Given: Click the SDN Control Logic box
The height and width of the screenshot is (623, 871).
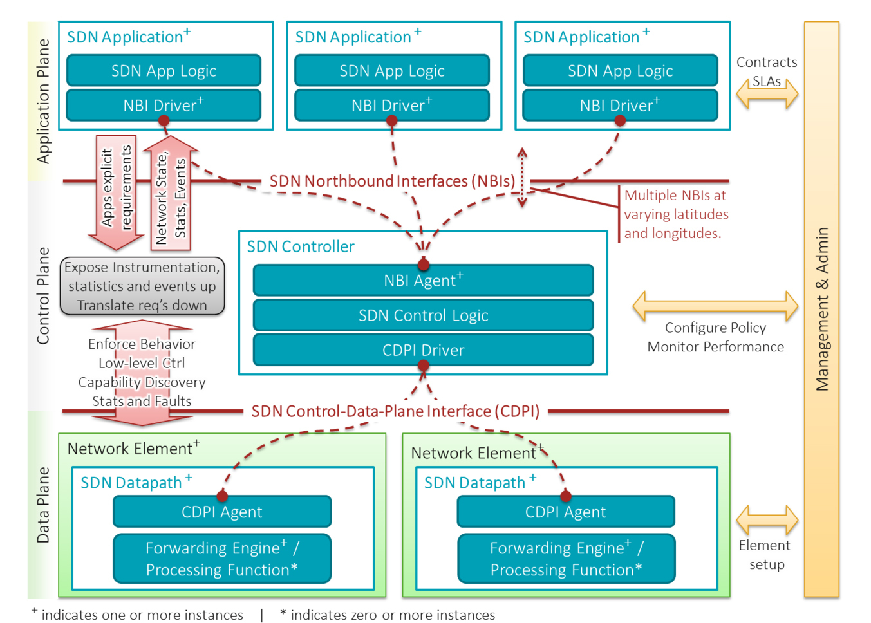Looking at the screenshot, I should [x=423, y=315].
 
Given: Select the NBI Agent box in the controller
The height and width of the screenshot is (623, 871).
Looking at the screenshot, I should [x=423, y=281].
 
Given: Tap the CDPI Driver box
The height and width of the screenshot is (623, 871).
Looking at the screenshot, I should [x=423, y=350].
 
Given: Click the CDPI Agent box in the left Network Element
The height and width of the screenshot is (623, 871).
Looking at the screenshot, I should [x=222, y=512].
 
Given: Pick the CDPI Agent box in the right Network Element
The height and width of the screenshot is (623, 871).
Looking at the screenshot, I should [x=566, y=512].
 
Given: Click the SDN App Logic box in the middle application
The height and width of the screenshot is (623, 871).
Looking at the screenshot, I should [x=392, y=71].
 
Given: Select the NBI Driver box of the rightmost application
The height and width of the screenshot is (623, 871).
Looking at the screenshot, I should [x=620, y=106].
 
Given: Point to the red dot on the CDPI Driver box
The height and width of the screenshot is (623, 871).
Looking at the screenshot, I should [x=423, y=366].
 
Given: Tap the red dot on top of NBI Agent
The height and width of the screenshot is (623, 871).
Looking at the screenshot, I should [x=423, y=265].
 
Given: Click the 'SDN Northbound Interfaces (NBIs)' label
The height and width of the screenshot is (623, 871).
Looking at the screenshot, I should [x=392, y=181].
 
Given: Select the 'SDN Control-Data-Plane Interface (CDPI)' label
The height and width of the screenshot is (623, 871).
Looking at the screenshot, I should [x=395, y=411].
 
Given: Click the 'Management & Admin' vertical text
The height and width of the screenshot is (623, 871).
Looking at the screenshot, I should [x=822, y=309].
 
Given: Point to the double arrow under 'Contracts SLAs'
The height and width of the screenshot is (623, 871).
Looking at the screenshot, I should [x=767, y=95].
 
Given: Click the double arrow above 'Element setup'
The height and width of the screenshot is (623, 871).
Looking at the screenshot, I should [x=767, y=520].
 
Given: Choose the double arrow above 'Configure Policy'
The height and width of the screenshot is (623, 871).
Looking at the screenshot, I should [x=715, y=306].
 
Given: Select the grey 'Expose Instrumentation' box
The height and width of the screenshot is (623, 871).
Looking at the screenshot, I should [x=142, y=286].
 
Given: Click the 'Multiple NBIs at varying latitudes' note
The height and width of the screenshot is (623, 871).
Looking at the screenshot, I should [x=675, y=214].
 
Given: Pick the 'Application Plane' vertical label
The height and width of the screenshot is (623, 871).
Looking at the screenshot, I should [x=43, y=101].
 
